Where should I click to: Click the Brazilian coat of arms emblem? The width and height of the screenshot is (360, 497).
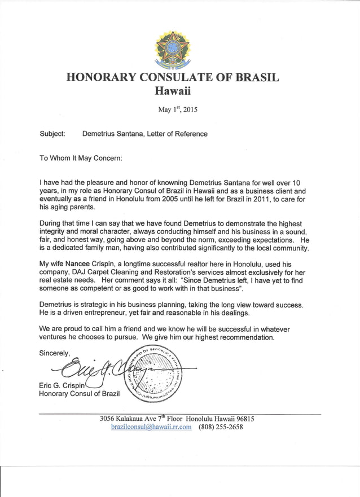172,49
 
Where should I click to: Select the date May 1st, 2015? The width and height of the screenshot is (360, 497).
173,110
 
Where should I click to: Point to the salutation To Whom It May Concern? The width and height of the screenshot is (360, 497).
80,159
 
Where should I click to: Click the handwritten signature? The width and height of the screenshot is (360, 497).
90,370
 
